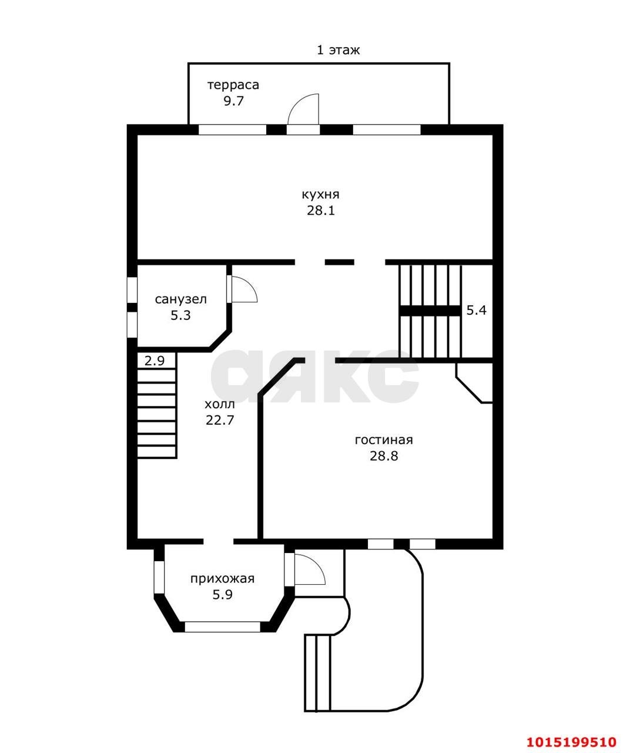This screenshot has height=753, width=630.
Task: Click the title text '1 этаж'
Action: (x=338, y=50)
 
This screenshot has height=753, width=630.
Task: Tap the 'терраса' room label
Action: (x=233, y=85)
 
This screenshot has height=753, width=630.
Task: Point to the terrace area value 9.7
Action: (x=234, y=101)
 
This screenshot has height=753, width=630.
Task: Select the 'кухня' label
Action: (x=320, y=195)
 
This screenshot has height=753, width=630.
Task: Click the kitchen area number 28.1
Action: (x=321, y=211)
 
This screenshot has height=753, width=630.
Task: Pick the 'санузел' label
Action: (x=181, y=299)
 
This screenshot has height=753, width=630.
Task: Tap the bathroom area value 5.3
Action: (x=180, y=315)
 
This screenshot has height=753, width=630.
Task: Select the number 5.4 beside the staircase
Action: (x=476, y=310)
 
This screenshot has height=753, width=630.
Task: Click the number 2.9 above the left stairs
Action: (x=155, y=361)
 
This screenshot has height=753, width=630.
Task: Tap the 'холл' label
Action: (x=220, y=405)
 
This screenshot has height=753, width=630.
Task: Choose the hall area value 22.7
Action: (x=220, y=420)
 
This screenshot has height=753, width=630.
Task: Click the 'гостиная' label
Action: (x=384, y=441)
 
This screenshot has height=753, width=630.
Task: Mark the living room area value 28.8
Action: (x=384, y=456)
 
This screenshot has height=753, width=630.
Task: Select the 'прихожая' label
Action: (x=222, y=579)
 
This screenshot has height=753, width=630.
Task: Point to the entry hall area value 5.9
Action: (x=222, y=594)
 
